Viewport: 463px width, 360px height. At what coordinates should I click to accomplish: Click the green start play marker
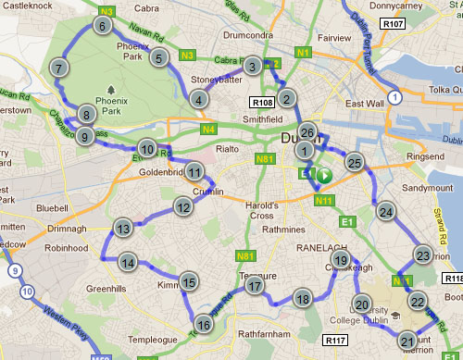coord(325,174)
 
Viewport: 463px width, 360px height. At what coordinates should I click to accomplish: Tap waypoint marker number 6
coord(100,27)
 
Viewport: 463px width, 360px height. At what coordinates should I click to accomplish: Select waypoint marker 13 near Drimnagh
coord(123,228)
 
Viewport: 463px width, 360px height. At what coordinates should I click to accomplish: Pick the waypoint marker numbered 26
coord(307,131)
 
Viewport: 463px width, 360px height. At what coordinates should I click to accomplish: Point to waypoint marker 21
coord(408,341)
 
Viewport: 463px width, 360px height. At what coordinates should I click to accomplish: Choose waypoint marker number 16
coord(204,324)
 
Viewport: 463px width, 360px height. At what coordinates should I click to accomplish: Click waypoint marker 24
coord(386,212)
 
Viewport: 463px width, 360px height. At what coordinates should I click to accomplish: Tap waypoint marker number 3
coord(252,65)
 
